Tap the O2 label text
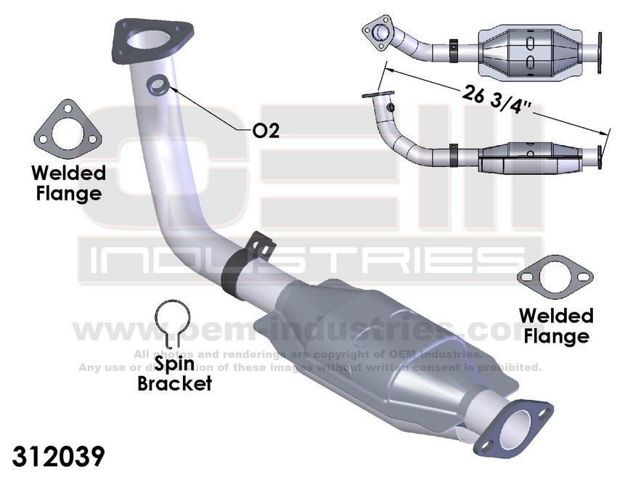coord(266,130)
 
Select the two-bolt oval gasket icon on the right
coord(555,278)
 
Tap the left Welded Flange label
coord(68,183)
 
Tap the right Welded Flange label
coord(555,326)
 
